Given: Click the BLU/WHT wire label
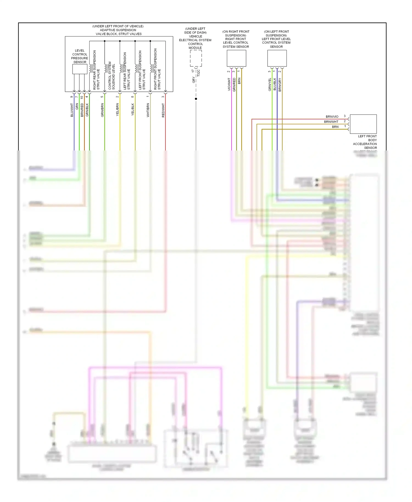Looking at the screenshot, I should tap(72, 110).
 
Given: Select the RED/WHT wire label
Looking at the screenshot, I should tap(163, 110).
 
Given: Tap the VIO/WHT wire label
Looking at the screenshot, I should tap(229, 84).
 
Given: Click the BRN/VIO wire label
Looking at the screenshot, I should tap(332, 117).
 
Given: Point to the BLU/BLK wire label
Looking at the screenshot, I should tap(275, 84).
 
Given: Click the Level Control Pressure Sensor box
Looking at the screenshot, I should tap(80, 69).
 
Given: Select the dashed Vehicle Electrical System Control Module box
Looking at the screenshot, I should tap(196, 58).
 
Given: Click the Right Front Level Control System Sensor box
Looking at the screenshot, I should tap(236, 58).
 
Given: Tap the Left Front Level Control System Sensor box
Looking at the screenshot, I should tap(277, 58).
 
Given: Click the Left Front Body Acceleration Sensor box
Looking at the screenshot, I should tap(363, 124).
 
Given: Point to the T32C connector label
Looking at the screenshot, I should tap(199, 73).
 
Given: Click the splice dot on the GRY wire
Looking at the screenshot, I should tap(196, 99).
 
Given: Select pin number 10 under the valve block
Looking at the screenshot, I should tap(82, 97).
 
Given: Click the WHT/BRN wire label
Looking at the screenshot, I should tap(148, 110).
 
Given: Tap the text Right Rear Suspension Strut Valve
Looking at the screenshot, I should tap(96, 70).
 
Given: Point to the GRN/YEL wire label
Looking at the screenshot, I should tap(270, 84).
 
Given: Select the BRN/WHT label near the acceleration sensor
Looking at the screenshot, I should tap(331, 122).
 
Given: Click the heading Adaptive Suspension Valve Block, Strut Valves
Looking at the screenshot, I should tap(118, 30).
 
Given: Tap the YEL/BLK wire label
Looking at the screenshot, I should tap(133, 109).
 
